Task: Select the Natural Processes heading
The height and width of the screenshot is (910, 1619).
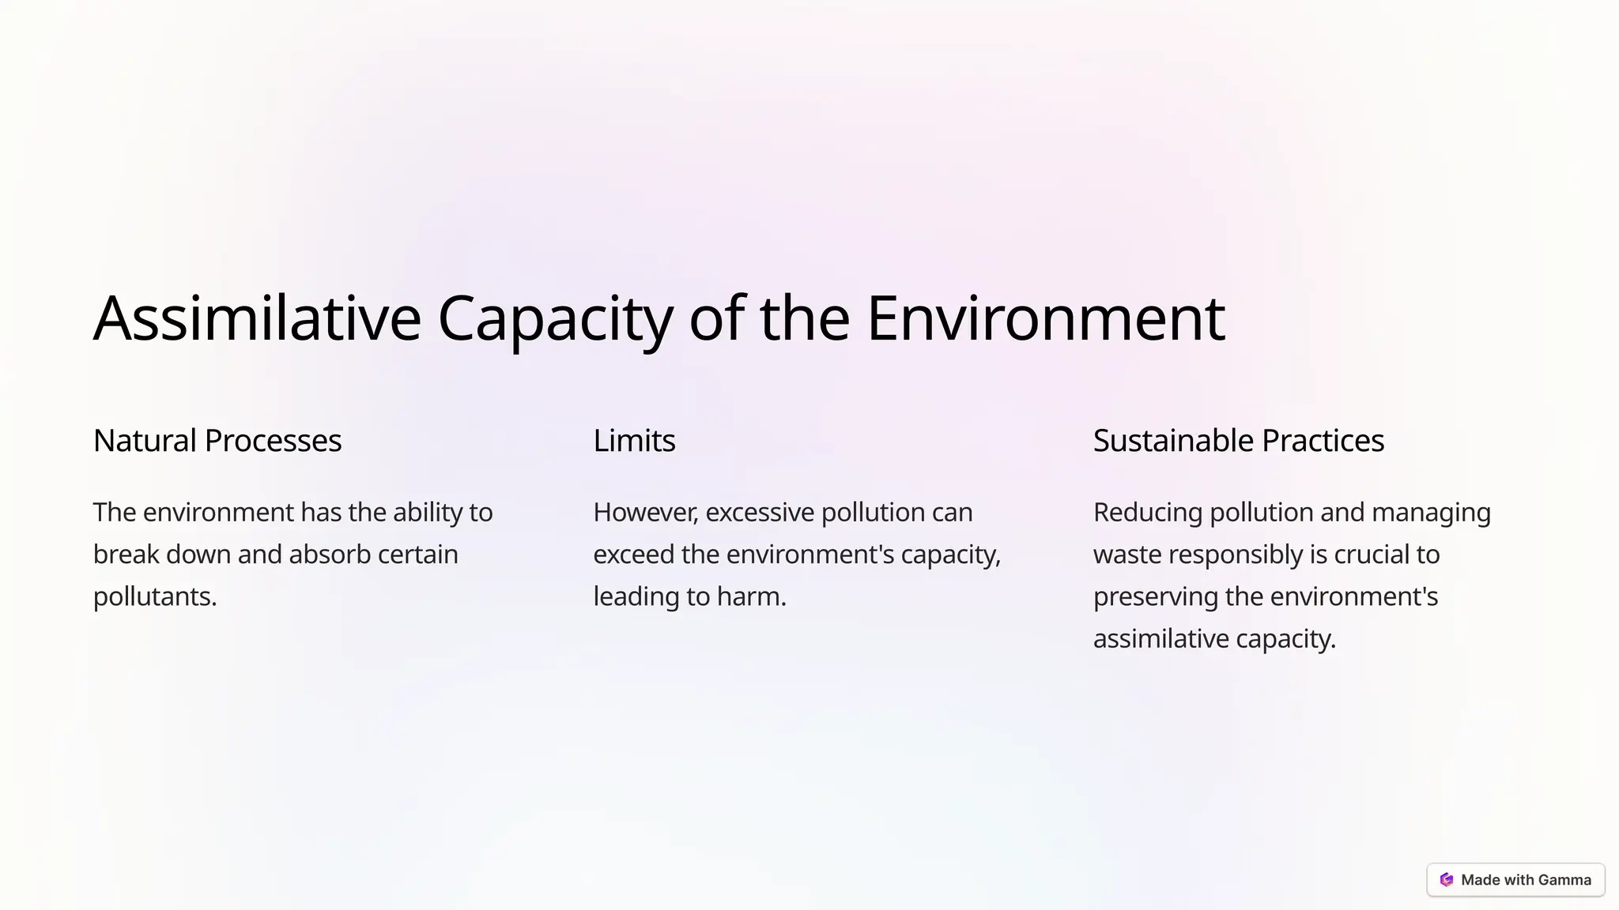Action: click(217, 441)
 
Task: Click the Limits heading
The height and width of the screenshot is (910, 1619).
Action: click(634, 441)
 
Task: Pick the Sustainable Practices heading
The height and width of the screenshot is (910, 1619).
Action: click(1238, 441)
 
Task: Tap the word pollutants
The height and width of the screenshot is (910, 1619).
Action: click(155, 597)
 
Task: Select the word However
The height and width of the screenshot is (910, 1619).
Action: click(645, 513)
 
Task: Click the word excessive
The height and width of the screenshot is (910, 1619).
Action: click(760, 513)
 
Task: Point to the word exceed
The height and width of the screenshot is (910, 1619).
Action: click(633, 555)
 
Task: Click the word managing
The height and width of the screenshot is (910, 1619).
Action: click(1431, 513)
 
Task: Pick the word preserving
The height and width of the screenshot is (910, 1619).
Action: click(1155, 596)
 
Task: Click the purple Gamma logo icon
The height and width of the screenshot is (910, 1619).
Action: click(1447, 880)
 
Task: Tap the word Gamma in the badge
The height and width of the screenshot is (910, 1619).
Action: click(1564, 880)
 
